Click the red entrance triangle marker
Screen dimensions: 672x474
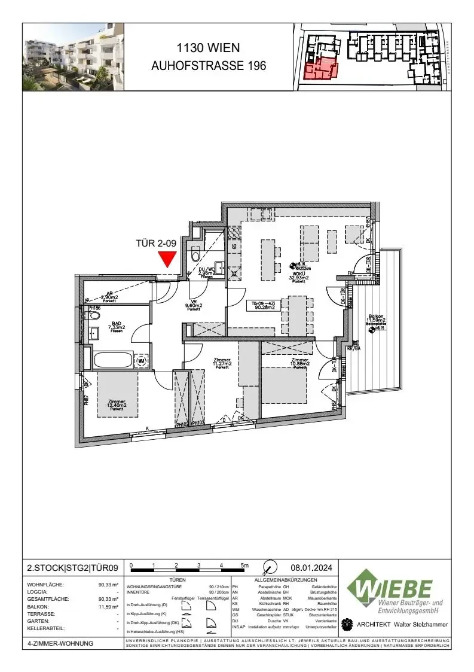167,259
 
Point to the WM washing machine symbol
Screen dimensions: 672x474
142,361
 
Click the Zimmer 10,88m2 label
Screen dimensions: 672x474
300,363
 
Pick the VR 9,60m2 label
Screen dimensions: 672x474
193,305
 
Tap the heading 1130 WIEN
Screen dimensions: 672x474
209,47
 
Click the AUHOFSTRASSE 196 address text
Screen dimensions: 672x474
209,65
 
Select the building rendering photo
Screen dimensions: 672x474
74,57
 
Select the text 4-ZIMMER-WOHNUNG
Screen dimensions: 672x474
60,644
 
